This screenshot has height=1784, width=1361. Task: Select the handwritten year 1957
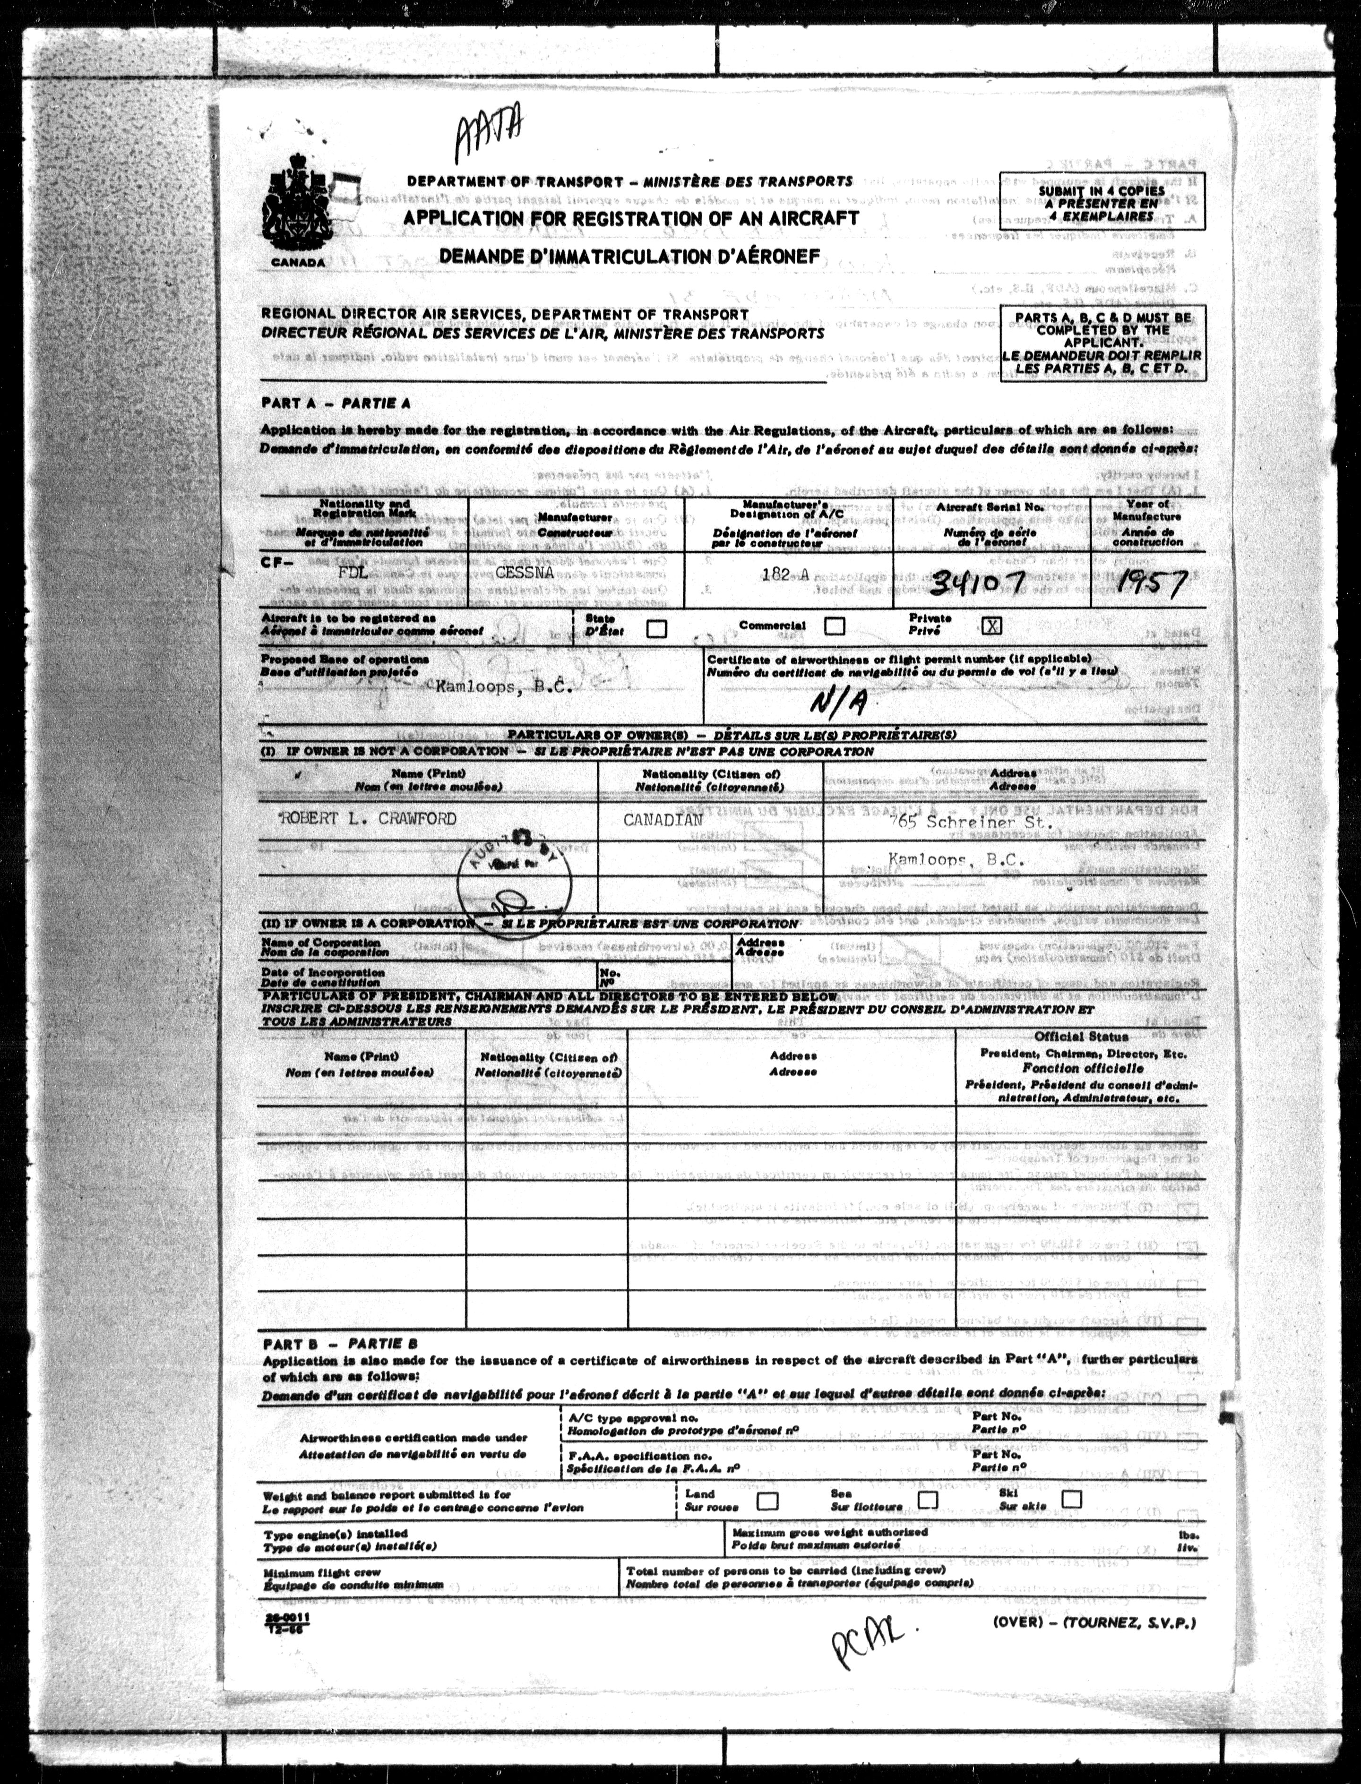click(1150, 582)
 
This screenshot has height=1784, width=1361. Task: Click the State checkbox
click(657, 628)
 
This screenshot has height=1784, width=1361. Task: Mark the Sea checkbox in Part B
click(928, 1500)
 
